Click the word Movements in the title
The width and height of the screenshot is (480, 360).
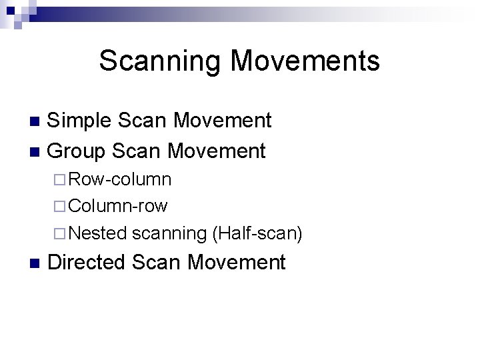[305, 61]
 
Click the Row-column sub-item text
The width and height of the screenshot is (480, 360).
[119, 179]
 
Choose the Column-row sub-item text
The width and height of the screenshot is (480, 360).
[117, 206]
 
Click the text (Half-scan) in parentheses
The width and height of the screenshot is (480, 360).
[257, 233]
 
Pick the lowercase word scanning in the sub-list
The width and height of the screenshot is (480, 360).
[169, 233]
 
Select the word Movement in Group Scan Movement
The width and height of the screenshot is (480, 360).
[217, 151]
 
